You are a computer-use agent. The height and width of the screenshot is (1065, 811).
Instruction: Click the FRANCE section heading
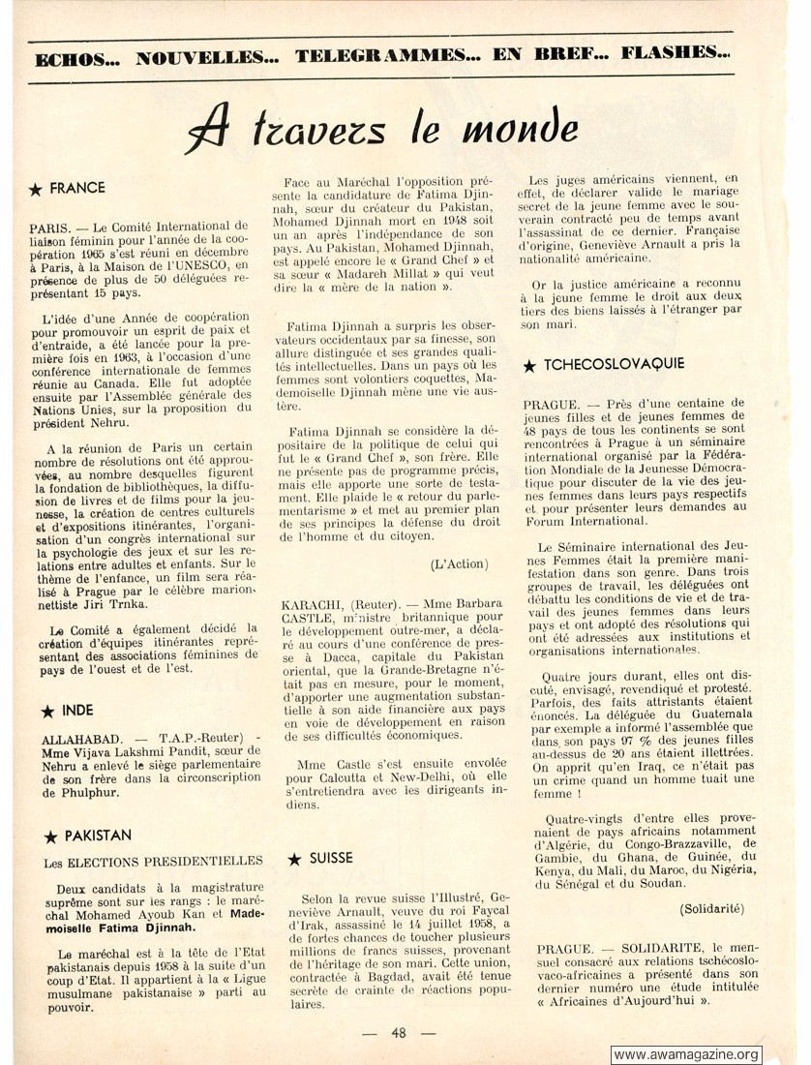(x=77, y=188)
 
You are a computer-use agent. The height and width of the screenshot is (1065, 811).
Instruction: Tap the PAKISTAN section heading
(x=98, y=835)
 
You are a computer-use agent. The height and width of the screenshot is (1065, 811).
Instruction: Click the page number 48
(x=399, y=1032)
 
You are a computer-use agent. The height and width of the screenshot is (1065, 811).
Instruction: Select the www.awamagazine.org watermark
(x=686, y=1054)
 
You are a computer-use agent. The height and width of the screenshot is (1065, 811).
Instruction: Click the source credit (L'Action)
(x=460, y=563)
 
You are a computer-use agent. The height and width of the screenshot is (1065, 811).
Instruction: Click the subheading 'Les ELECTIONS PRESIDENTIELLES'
(x=153, y=861)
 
